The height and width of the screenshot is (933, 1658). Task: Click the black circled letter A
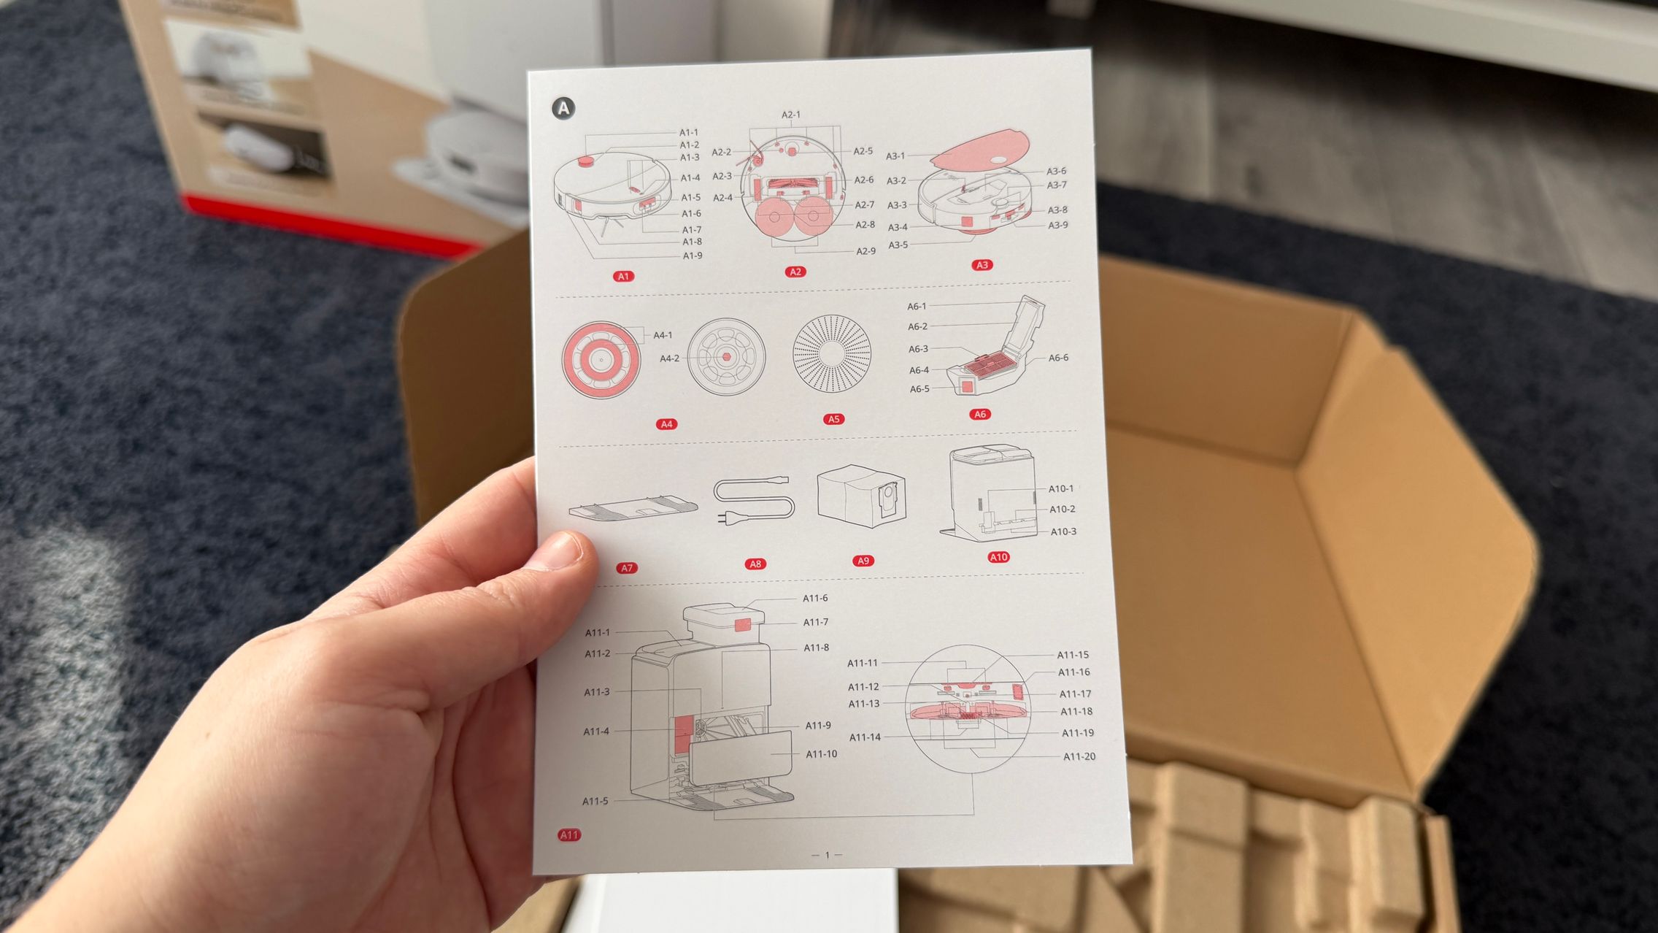point(563,109)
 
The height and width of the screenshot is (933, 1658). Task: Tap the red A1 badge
point(623,276)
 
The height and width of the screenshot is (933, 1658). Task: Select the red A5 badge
point(833,419)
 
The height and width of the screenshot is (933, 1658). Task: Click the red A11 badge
point(569,835)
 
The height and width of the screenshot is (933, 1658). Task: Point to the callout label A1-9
point(693,256)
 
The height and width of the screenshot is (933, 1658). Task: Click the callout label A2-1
point(791,115)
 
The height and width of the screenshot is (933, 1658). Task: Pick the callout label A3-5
point(898,245)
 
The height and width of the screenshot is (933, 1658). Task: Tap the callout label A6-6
point(1058,358)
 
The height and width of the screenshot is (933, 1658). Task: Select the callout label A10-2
point(1063,509)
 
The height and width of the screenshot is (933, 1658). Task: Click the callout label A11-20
point(1079,756)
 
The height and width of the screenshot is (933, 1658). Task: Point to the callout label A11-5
point(595,801)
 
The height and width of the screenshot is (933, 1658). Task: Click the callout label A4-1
point(663,335)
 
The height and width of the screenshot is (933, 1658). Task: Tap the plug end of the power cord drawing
point(724,518)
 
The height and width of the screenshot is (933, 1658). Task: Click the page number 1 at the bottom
point(827,855)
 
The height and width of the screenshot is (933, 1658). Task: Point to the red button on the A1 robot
point(586,161)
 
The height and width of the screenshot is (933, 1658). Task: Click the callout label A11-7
point(816,622)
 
